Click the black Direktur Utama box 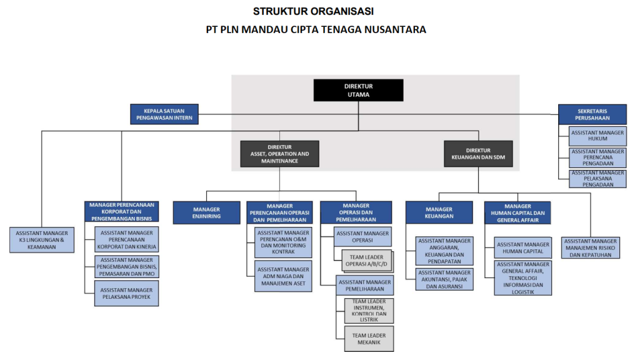coord(358,90)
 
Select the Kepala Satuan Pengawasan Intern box coord(164,114)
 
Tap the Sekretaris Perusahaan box coord(592,115)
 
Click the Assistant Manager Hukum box coord(597,136)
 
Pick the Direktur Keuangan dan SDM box coord(478,154)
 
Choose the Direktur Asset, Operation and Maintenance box coord(279,154)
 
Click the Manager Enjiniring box coord(206,212)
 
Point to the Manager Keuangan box coord(439,212)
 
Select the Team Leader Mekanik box coord(368,339)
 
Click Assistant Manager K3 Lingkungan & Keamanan coord(42,240)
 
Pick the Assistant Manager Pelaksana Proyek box coord(126,294)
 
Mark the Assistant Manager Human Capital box coord(523,247)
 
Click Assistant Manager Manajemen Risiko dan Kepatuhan coord(591,247)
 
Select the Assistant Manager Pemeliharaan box coord(364,286)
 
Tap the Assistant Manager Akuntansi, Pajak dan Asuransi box coord(444,279)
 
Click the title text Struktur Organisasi coord(314,11)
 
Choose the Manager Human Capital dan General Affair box coord(517,212)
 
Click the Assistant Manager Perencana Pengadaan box coord(597,158)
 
